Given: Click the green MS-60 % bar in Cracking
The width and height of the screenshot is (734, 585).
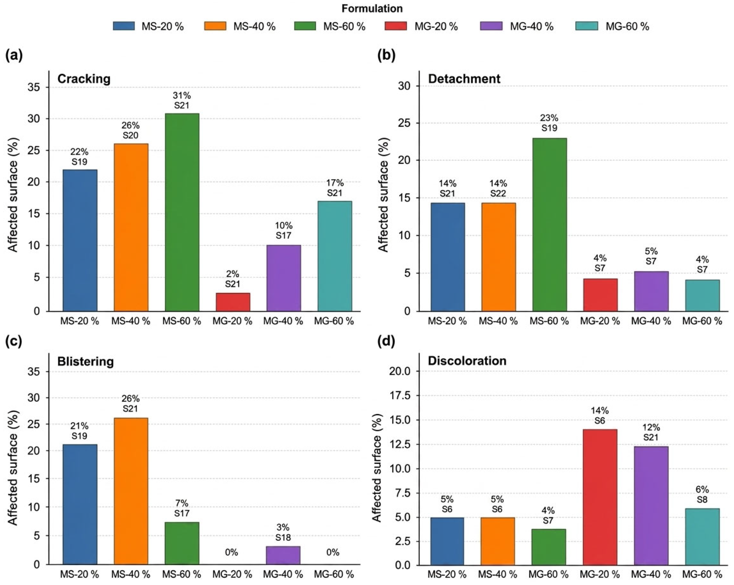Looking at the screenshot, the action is pyautogui.click(x=182, y=212).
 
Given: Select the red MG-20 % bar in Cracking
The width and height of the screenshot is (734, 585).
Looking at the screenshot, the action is pyautogui.click(x=233, y=302).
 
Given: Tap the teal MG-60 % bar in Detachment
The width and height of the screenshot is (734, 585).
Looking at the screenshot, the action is pyautogui.click(x=702, y=295).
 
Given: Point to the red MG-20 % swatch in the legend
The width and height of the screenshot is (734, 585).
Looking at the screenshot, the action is pyautogui.click(x=396, y=26).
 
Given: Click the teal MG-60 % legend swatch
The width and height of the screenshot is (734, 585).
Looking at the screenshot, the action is pyautogui.click(x=587, y=26).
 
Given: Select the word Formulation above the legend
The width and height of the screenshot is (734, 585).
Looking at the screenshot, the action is pyautogui.click(x=372, y=8).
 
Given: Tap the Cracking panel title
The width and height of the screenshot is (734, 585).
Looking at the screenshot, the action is pyautogui.click(x=84, y=79).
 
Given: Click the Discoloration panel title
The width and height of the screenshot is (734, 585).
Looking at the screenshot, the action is pyautogui.click(x=467, y=361).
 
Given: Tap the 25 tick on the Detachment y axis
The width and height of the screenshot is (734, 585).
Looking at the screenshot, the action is pyautogui.click(x=404, y=123).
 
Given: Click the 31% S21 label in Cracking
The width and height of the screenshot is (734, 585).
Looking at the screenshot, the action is pyautogui.click(x=182, y=100).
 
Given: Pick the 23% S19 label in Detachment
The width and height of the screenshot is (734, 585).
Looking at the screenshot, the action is pyautogui.click(x=549, y=123).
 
